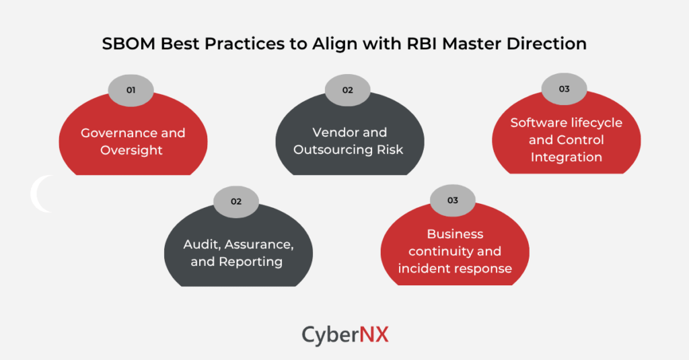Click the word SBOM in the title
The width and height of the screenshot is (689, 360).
click(126, 44)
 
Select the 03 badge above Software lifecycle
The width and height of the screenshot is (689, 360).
click(565, 89)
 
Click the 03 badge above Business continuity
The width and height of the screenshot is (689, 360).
click(452, 201)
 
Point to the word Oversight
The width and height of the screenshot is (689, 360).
click(131, 150)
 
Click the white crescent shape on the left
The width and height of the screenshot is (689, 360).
click(39, 194)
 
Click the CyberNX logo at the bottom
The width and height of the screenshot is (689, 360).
click(344, 334)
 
